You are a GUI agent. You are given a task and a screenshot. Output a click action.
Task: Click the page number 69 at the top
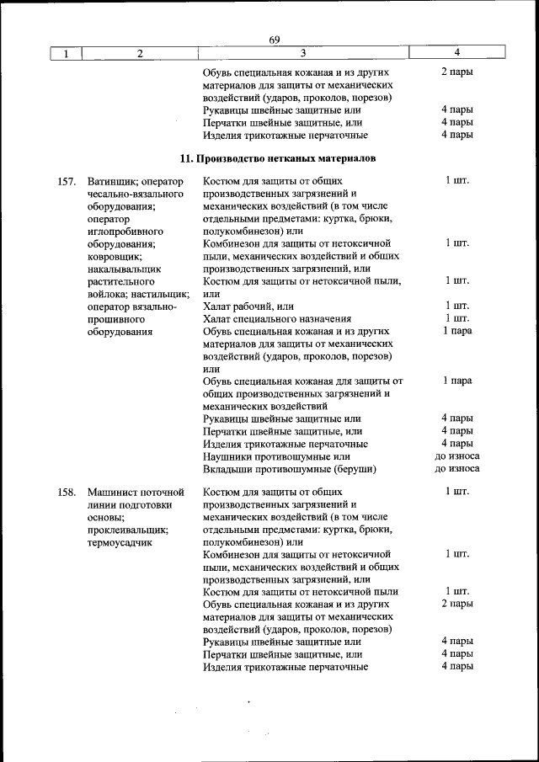pyautogui.click(x=275, y=40)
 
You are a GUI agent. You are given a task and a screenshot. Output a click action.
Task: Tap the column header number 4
pyautogui.click(x=456, y=52)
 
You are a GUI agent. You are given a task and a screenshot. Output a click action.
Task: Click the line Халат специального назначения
pyautogui.click(x=277, y=318)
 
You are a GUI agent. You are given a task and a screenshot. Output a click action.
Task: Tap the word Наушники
pyautogui.click(x=227, y=456)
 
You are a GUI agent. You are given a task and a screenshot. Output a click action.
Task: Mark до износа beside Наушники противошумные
pyautogui.click(x=456, y=456)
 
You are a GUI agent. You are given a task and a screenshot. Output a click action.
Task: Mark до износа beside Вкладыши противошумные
pyautogui.click(x=456, y=469)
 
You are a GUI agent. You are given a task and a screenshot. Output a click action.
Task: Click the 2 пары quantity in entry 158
pyautogui.click(x=456, y=604)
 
